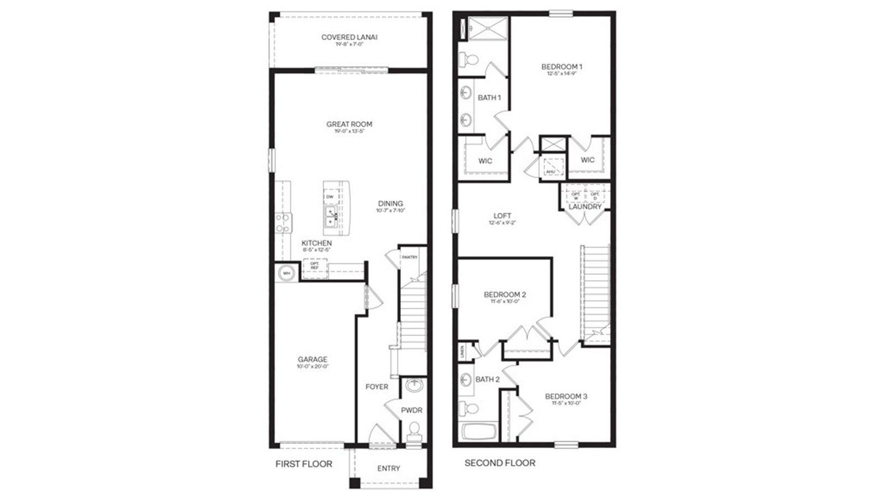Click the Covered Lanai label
(x=349, y=37)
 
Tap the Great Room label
(x=349, y=124)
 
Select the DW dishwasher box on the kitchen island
(x=330, y=196)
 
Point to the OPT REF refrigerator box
(x=314, y=266)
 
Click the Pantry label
(x=410, y=257)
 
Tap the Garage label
(x=313, y=359)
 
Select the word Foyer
(x=377, y=387)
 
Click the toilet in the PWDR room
(x=413, y=429)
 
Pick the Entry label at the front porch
(x=388, y=468)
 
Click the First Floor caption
(x=304, y=464)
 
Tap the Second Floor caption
(x=499, y=463)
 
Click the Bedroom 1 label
(x=561, y=66)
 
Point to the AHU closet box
(x=551, y=166)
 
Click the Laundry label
(x=585, y=206)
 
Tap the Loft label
(x=502, y=216)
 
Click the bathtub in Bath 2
(x=479, y=432)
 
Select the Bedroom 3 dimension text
(x=566, y=403)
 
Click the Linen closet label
(x=462, y=351)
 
